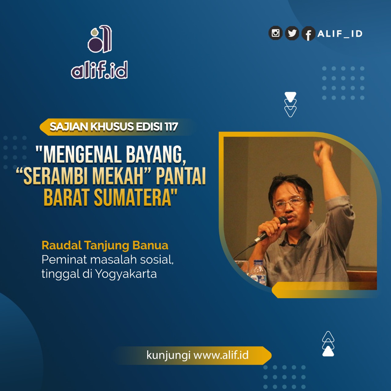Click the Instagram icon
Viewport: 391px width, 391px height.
pos(275,33)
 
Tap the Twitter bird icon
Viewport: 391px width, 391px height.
pos(292,33)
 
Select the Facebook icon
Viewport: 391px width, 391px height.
pos(309,34)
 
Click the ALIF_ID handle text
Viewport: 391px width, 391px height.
pos(340,34)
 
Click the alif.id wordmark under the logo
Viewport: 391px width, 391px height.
pos(99,70)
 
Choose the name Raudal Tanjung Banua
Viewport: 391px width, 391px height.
pos(105,246)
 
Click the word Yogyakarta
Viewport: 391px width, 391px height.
pos(126,275)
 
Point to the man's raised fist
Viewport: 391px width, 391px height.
pos(323,151)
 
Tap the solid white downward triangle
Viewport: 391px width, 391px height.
pos(291,97)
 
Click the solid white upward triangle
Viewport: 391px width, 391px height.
pos(328,352)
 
